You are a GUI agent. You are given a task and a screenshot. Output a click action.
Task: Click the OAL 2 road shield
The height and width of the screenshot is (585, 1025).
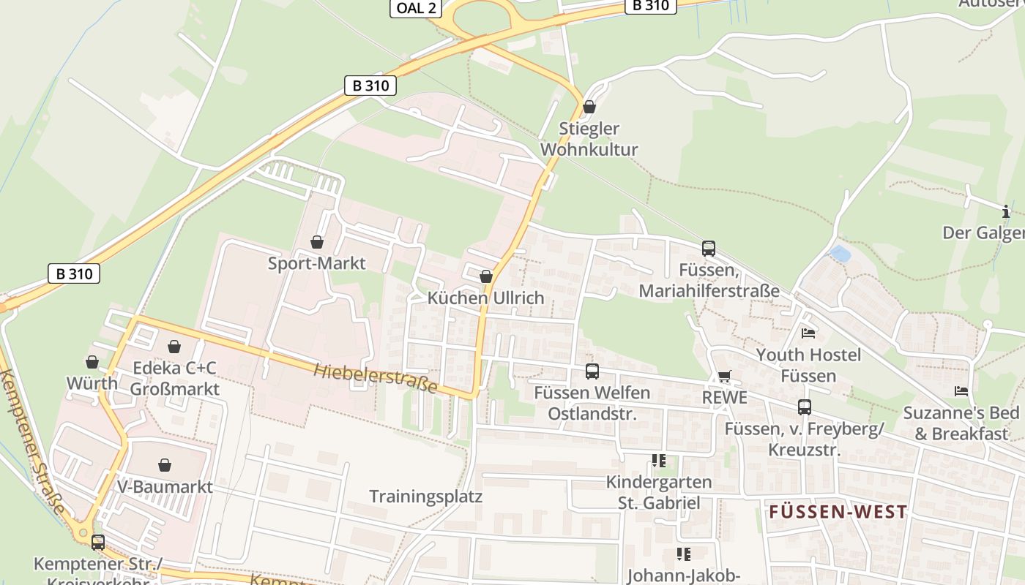click(415, 8)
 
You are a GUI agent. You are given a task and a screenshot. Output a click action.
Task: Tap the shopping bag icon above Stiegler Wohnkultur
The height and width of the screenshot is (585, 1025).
click(589, 107)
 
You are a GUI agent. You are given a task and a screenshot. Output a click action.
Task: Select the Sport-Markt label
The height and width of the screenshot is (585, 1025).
click(316, 263)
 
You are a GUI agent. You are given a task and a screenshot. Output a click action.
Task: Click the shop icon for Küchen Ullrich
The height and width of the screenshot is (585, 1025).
click(485, 276)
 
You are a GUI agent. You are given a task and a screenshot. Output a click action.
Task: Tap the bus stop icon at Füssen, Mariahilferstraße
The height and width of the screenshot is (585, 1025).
click(708, 249)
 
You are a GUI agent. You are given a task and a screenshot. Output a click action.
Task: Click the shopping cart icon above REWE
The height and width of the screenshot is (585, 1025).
click(724, 377)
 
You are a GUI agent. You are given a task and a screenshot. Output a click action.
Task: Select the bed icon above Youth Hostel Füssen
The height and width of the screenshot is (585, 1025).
click(808, 333)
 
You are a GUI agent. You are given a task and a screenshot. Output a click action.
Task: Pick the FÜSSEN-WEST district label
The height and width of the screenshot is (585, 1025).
click(838, 512)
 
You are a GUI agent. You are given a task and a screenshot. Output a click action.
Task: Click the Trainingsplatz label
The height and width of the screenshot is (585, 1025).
click(425, 497)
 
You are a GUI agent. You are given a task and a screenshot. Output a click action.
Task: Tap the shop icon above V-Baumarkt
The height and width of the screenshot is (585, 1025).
click(165, 465)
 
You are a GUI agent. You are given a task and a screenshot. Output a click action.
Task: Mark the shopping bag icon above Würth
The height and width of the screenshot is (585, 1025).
click(92, 362)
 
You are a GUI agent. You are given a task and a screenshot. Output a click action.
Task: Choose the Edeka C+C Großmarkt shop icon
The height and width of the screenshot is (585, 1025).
click(174, 347)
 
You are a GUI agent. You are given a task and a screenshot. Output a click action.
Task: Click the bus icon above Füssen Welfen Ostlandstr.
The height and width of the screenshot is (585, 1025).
click(592, 371)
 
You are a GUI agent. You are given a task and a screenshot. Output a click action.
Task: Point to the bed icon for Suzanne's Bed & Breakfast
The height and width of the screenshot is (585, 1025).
click(961, 391)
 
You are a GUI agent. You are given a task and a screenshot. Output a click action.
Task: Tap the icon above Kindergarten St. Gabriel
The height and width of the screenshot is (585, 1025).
click(658, 461)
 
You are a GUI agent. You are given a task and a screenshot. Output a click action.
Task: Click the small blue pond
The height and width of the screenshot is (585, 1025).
click(840, 254)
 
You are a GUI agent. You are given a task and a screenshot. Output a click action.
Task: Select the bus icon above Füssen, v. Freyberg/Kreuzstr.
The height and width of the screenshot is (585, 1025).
click(804, 407)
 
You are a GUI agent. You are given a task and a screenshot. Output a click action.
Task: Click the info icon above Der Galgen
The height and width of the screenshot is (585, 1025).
click(1005, 212)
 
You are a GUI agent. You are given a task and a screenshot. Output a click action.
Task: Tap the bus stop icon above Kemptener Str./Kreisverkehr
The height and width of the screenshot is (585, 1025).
click(97, 543)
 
